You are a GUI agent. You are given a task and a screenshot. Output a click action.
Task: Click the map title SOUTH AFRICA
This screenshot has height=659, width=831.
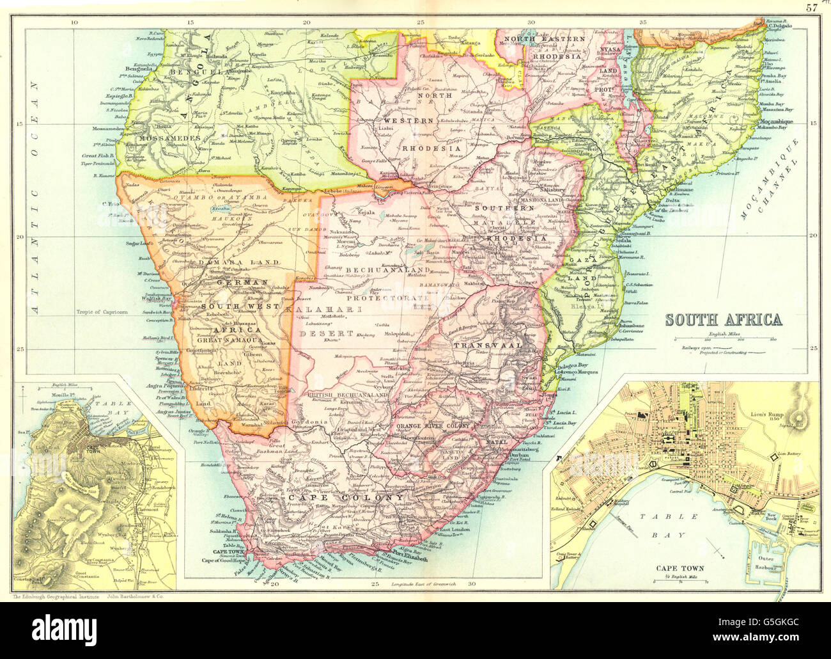point(724,319)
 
